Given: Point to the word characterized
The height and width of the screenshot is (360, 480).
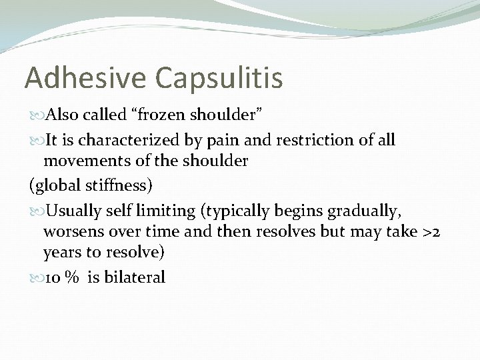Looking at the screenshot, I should pos(123,140).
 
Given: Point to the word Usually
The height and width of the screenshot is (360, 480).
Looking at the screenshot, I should pos(71,211).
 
